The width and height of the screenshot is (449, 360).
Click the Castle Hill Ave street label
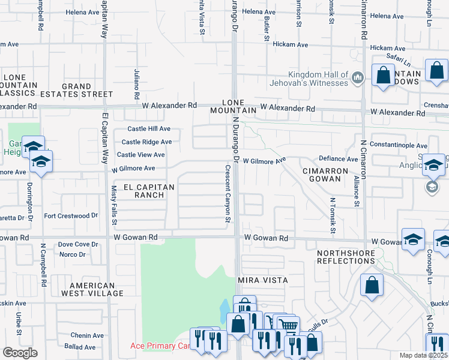click(149, 129)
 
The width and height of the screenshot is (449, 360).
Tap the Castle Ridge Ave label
click(146, 142)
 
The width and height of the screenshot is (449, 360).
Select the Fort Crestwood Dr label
click(71, 215)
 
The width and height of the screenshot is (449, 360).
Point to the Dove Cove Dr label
click(78, 244)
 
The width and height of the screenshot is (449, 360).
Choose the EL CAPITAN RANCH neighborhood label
click(149, 191)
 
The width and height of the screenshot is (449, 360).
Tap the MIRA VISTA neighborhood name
click(263, 280)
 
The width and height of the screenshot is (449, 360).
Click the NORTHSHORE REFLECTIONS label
click(346, 257)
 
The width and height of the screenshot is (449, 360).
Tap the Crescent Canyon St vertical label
click(228, 194)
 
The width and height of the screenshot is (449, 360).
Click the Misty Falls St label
click(114, 205)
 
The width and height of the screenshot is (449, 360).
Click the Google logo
click(19, 353)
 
